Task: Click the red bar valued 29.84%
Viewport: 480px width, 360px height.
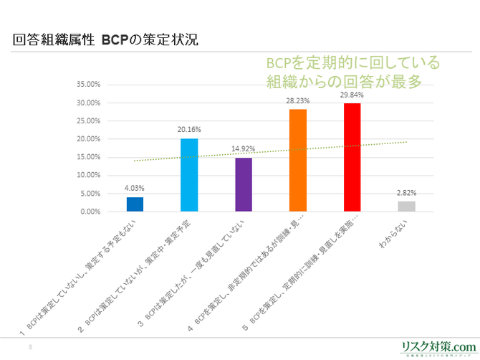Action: click(352, 157)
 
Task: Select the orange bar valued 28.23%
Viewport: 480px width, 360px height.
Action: click(298, 160)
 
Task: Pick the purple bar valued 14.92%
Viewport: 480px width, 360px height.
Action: click(244, 184)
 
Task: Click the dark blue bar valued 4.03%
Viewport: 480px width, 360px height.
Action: click(135, 204)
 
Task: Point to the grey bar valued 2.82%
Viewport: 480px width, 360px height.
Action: click(406, 207)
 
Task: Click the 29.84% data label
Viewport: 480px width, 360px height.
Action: click(352, 95)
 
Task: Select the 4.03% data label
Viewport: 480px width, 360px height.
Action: click(135, 189)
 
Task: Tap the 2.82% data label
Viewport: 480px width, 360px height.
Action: click(406, 193)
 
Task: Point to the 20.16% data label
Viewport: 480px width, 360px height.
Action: click(189, 130)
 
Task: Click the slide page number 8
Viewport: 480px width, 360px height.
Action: click(30, 347)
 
